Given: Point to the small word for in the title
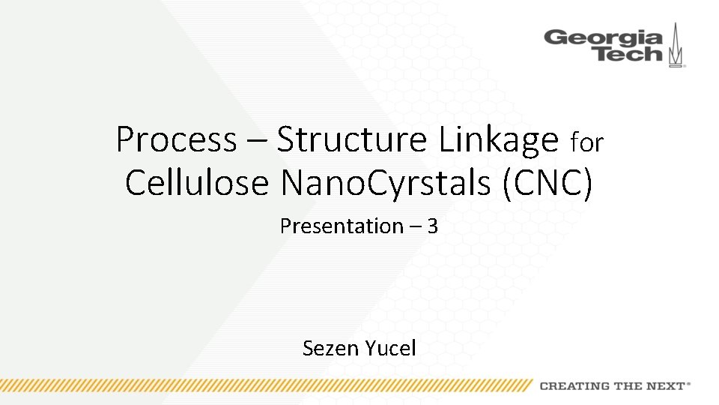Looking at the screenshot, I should pos(587,142).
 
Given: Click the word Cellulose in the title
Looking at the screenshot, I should pos(196,182).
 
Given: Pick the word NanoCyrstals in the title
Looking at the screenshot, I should pos(389,182).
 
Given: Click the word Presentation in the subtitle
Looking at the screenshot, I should pos(342,226).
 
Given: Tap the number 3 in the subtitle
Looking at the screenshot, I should pos(432,226).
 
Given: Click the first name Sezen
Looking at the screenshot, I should pos(332,348).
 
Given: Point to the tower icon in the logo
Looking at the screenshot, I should pos(677,45).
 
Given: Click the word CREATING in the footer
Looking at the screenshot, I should pos(574,386).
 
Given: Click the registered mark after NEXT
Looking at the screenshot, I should pos(689,383).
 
